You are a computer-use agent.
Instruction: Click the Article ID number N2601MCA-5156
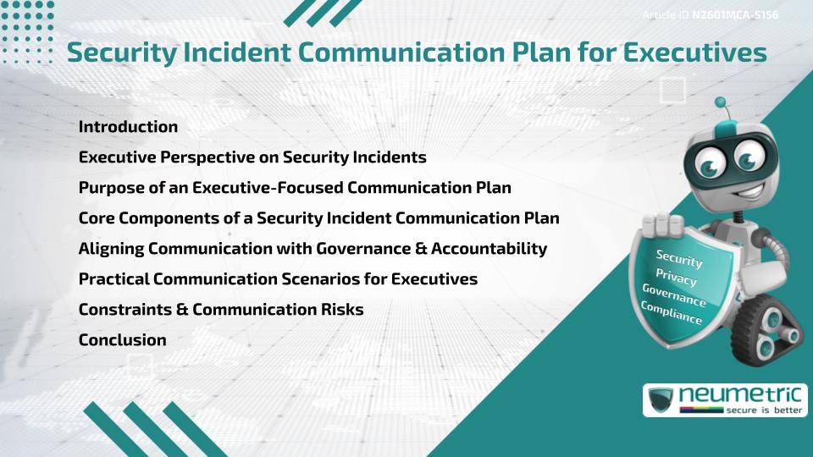click(735, 14)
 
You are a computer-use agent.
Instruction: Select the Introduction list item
click(128, 127)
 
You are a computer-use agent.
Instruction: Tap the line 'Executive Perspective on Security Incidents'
click(252, 157)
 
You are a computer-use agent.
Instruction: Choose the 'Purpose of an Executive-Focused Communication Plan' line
click(295, 188)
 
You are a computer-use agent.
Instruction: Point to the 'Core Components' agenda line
click(318, 218)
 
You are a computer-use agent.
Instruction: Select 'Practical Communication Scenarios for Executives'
click(278, 279)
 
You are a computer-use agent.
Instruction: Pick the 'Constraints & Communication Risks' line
click(221, 310)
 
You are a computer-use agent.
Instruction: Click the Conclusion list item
click(122, 340)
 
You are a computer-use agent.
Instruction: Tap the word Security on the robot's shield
click(679, 258)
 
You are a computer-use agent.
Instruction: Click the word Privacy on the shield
click(677, 278)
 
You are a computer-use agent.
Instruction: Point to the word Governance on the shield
click(674, 295)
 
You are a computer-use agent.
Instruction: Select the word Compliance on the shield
click(672, 312)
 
